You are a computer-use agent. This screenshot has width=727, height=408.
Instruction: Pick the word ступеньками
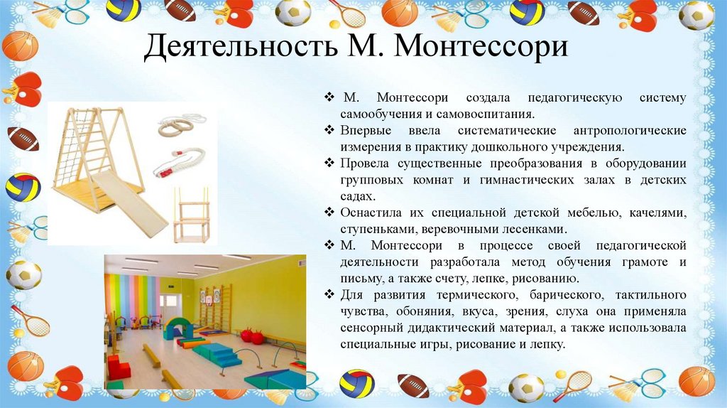[377, 229]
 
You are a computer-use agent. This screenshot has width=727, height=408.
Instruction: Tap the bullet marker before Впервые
[329, 131]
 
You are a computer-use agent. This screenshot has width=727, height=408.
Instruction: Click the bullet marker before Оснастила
[329, 213]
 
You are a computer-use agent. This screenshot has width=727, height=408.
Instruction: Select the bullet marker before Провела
[329, 163]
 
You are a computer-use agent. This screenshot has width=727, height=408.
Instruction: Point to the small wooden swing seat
[190, 213]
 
